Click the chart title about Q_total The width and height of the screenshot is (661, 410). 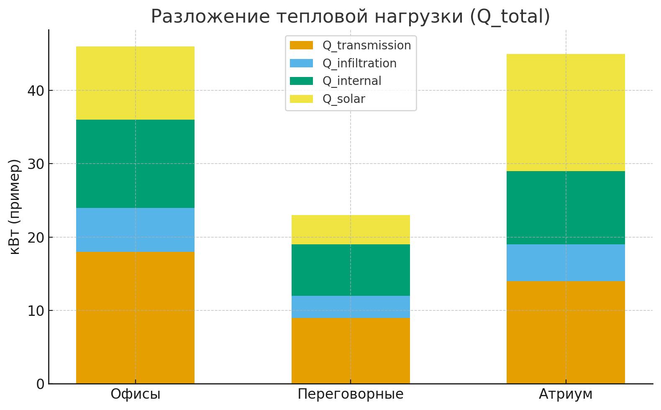coord(350,17)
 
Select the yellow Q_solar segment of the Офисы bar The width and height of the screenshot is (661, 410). coord(135,83)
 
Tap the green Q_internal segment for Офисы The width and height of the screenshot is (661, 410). coord(135,164)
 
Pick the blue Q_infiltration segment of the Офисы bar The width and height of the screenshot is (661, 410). coord(135,230)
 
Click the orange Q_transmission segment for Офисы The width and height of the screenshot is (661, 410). coord(135,318)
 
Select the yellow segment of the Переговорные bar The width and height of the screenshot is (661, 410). coord(351,230)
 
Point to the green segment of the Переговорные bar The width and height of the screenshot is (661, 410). coord(351,270)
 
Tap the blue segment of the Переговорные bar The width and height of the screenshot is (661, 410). coord(351,307)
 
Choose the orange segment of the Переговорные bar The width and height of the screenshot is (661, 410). coord(351,351)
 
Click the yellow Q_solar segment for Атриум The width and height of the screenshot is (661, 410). coord(566,112)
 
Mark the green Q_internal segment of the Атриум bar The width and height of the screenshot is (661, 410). coord(566,208)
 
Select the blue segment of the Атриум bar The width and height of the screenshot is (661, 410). coord(566,262)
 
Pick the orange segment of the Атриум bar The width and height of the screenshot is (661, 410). coord(566,332)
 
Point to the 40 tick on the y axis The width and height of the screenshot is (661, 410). coord(36,90)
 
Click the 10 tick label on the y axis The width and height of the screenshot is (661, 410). coord(36,310)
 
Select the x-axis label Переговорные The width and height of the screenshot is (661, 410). coord(351,394)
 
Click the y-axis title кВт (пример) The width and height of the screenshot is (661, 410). coord(15,207)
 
